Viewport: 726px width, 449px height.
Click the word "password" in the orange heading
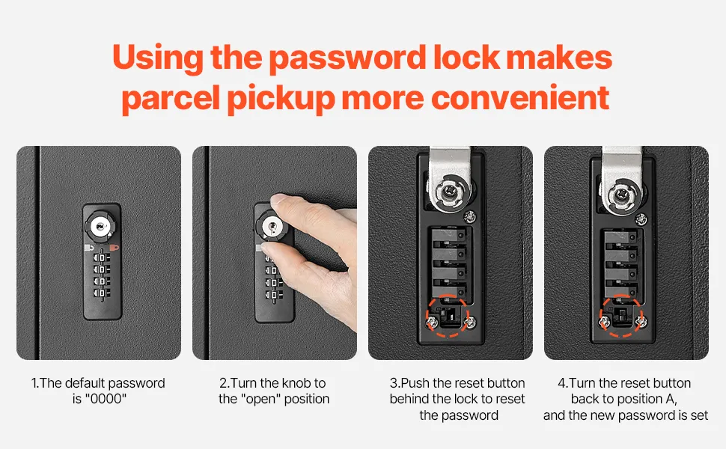[x=347, y=59]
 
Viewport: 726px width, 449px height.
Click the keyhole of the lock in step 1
[x=101, y=226]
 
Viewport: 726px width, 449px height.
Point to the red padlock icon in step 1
[x=114, y=248]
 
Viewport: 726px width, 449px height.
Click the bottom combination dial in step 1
[x=102, y=293]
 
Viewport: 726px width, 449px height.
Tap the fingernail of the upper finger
[x=278, y=201]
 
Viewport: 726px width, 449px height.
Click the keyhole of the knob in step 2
[x=272, y=227]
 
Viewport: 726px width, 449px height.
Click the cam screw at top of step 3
[x=448, y=190]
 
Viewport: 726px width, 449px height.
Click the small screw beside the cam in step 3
[x=469, y=216]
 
